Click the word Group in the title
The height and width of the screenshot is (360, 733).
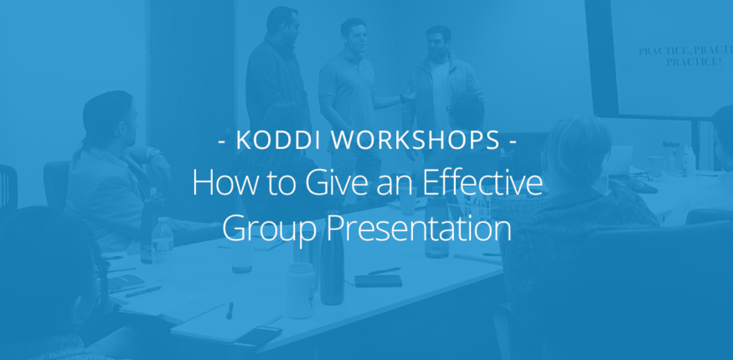tap(267, 229)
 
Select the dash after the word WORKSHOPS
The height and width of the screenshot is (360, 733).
tap(511, 141)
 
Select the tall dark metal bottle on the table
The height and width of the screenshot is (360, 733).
tap(332, 268)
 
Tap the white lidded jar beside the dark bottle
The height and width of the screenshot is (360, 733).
tap(300, 288)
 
